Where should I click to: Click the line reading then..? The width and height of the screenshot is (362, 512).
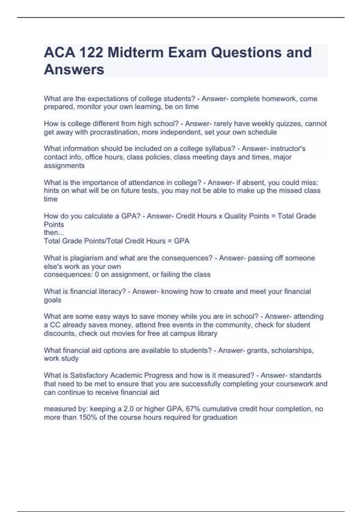(54, 233)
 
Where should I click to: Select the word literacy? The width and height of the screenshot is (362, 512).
(113, 292)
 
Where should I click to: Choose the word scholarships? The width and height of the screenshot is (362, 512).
(292, 351)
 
